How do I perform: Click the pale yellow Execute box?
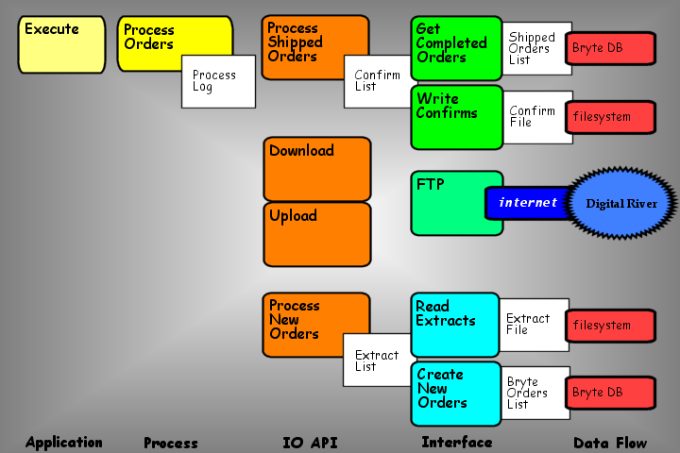[x=61, y=44]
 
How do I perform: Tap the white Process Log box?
[x=217, y=81]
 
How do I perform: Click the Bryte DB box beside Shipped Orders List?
[x=610, y=47]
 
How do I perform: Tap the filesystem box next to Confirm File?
[x=610, y=117]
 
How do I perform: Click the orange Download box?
[x=317, y=168]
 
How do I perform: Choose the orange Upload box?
[x=317, y=233]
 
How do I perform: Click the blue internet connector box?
[x=527, y=203]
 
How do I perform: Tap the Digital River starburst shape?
[x=621, y=203]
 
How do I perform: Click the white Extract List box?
[x=376, y=361]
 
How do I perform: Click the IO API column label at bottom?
[x=310, y=442]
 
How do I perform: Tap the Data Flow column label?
[x=610, y=442]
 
